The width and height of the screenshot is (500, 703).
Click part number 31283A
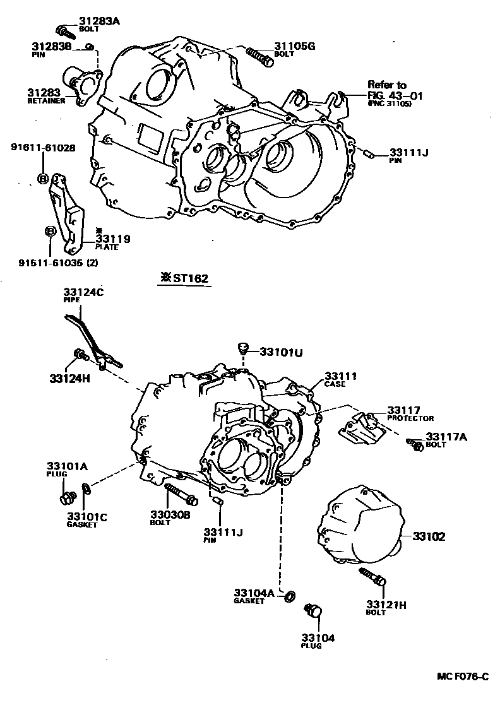point(99,21)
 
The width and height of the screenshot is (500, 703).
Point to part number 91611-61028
point(43,148)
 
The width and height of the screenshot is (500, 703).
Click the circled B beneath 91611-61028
point(43,179)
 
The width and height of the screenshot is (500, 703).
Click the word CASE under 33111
point(335,384)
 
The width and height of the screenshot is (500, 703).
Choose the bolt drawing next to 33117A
point(415,444)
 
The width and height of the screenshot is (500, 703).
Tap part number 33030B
point(170,514)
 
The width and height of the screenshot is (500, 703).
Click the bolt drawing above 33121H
point(374,576)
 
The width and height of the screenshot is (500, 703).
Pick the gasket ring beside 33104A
point(290,595)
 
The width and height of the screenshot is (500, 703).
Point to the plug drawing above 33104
point(313,610)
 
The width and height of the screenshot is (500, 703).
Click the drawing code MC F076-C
point(463,677)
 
